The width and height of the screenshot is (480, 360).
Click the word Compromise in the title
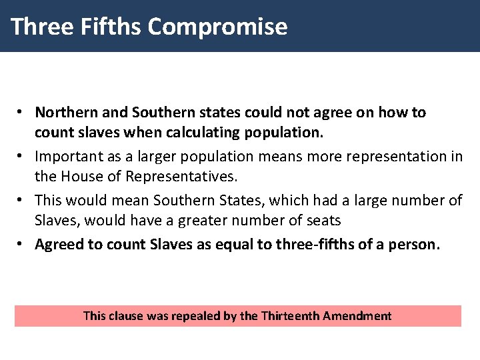click(x=217, y=27)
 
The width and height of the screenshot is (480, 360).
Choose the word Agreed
click(x=59, y=244)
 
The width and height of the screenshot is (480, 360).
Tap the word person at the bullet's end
click(x=416, y=244)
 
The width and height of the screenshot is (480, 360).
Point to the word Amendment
click(x=357, y=315)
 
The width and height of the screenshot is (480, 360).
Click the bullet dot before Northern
click(x=21, y=112)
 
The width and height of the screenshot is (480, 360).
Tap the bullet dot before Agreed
click(x=21, y=244)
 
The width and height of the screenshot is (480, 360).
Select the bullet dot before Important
click(x=21, y=156)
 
